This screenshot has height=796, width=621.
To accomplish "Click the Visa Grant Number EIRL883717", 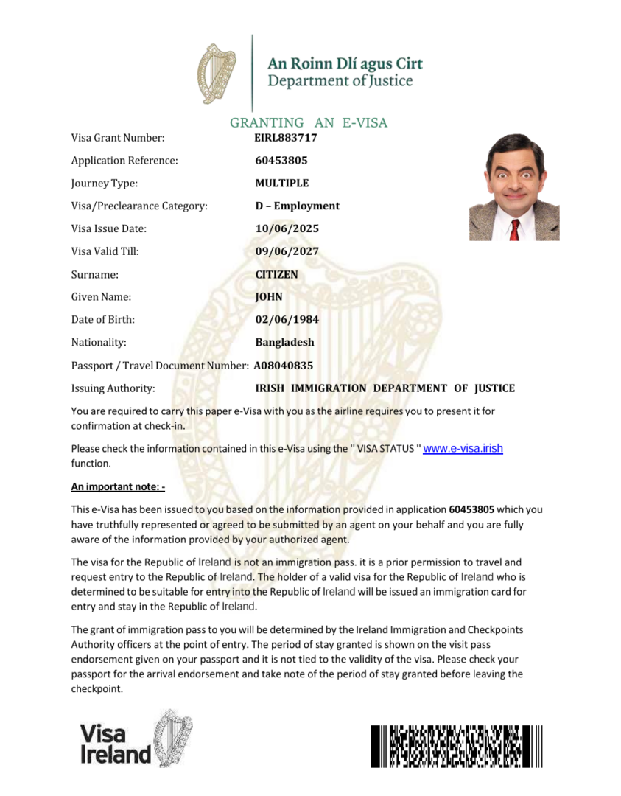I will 286,137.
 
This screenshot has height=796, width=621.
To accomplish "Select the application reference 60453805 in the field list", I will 281,160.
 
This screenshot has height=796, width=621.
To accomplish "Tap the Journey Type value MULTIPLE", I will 282,183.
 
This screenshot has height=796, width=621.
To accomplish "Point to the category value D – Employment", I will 297,206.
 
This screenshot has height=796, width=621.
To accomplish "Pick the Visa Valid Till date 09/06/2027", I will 287,251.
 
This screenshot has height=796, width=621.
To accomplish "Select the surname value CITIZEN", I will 276,274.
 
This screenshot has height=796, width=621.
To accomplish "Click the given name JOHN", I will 269,297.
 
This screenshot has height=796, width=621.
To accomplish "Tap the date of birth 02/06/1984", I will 287,320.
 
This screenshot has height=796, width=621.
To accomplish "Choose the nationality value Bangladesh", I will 284,342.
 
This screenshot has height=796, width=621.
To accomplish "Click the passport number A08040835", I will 284,365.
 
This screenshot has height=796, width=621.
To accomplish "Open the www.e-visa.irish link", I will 463,448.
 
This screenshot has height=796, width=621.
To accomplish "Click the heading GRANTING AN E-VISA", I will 309,122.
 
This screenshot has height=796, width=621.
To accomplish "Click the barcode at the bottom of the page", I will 457,746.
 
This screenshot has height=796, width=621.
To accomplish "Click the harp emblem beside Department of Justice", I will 217,73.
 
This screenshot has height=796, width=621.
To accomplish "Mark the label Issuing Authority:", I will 113,388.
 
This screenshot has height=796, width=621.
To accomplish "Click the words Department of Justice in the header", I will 340,81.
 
